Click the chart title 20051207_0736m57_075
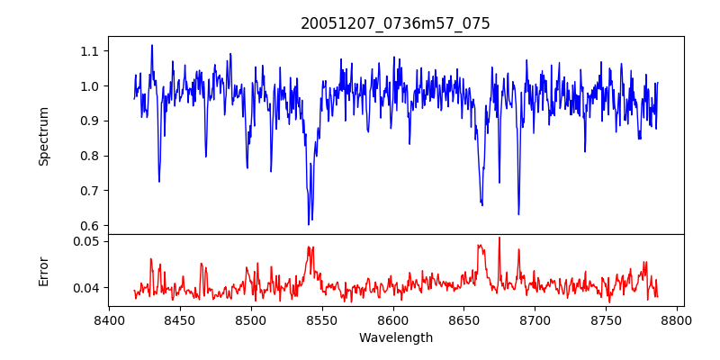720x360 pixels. point(395,23)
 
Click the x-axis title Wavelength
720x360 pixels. point(395,337)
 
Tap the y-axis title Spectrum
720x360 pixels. point(43,136)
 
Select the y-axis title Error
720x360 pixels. point(43,270)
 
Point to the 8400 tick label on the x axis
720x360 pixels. point(109,319)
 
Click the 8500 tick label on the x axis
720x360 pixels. point(251,319)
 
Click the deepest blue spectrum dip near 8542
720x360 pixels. point(309,224)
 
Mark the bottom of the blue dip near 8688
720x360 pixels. point(518,214)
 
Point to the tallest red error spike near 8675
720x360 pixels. point(499,238)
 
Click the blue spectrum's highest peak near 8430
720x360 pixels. point(151,45)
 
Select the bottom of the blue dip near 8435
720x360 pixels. point(159,182)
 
